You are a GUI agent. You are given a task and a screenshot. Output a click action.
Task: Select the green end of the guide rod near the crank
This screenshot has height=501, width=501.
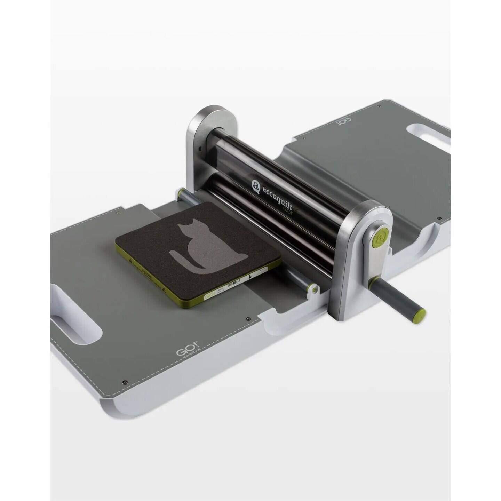coord(313,289)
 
